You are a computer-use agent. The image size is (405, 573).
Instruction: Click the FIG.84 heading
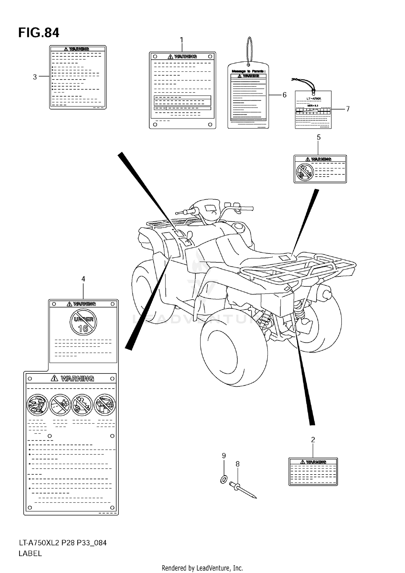coord(39,33)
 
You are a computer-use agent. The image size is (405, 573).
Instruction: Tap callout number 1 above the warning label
coord(181,40)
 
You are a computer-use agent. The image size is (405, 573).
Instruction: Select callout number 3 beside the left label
coord(35,77)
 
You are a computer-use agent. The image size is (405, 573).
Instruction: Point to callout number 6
coord(284,95)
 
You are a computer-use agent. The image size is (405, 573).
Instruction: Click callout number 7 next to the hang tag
coord(348,109)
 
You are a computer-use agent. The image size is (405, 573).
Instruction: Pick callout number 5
coord(319,138)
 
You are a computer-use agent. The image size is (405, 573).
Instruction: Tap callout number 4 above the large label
coord(83,279)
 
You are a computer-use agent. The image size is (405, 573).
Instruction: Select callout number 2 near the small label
coord(313,440)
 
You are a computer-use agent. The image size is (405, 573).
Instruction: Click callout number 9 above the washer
coord(224,455)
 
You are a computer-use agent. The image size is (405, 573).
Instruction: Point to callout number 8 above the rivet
coord(237,464)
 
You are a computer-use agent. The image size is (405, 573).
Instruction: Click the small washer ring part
coord(224,480)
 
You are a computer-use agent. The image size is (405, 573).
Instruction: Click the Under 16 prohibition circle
coord(83,322)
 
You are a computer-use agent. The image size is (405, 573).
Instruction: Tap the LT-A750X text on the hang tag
coord(313,98)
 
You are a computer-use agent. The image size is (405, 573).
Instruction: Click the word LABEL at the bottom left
coord(30,554)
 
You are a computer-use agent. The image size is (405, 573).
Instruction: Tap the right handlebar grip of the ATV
coord(247,208)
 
